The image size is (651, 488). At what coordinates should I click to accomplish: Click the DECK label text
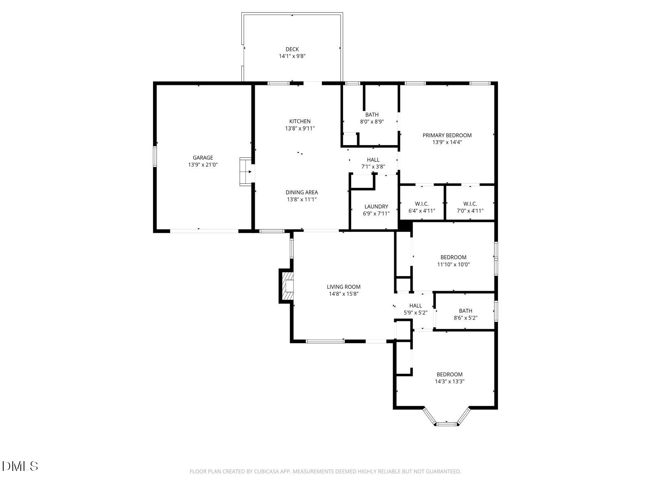(x=292, y=49)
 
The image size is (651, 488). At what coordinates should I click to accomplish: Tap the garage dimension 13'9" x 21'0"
(x=203, y=165)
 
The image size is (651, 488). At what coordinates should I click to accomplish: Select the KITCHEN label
(x=299, y=121)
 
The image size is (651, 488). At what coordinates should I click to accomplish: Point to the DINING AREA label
(x=301, y=192)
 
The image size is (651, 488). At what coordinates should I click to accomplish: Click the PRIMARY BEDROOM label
(x=447, y=135)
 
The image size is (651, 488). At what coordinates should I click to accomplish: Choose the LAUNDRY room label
(x=376, y=207)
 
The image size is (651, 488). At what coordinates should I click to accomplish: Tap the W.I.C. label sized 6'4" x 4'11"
(x=422, y=204)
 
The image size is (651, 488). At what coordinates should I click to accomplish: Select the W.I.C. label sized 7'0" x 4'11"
(x=470, y=204)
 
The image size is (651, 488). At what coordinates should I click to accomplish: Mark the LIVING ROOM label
(x=343, y=287)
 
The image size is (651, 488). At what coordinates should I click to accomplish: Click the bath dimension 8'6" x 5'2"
(x=465, y=318)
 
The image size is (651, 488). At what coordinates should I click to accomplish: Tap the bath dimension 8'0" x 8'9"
(x=372, y=121)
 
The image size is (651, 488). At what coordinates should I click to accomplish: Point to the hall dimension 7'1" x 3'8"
(x=373, y=166)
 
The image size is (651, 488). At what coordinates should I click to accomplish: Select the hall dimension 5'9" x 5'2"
(x=415, y=313)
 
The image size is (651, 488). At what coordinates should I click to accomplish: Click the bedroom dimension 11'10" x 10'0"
(x=453, y=264)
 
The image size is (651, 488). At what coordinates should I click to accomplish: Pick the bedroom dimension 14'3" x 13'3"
(x=450, y=381)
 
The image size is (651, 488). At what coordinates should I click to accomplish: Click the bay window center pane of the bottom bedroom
(x=447, y=424)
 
